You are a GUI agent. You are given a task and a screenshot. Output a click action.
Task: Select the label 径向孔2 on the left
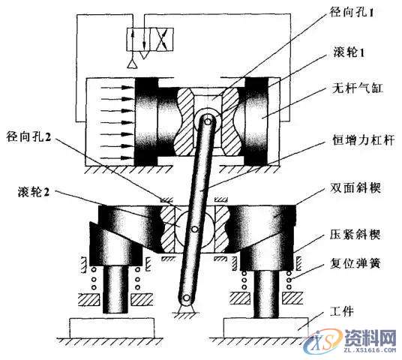[x=30, y=137]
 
